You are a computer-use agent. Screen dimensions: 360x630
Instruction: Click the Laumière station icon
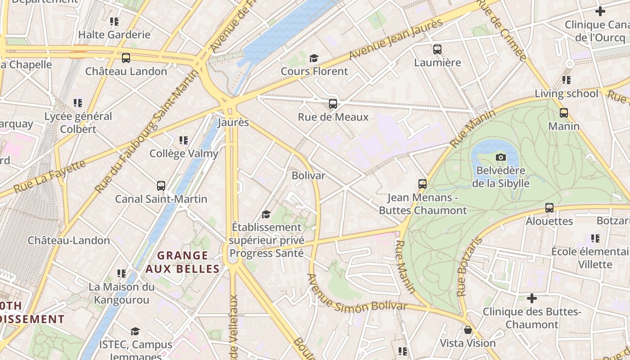437,49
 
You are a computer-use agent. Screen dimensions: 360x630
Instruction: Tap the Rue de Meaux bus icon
333,104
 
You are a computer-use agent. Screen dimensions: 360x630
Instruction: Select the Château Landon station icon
126,58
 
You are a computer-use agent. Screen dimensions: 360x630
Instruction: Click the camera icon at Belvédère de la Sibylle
500,157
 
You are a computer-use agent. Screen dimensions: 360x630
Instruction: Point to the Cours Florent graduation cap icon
314,58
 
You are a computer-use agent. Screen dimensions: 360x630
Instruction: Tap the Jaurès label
233,122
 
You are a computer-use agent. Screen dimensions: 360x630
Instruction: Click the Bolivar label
308,175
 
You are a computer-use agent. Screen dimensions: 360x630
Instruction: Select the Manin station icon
564,113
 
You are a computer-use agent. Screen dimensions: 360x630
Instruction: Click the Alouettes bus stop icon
549,208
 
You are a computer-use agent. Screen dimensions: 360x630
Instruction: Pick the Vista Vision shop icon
468,330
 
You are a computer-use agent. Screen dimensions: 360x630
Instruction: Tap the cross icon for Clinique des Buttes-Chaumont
532,298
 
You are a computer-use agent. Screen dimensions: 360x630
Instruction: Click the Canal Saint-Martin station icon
161,185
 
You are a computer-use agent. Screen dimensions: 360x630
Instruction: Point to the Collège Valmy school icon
183,140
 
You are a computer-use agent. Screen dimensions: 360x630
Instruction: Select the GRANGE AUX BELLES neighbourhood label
182,262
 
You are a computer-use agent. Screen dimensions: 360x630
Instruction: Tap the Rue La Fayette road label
49,176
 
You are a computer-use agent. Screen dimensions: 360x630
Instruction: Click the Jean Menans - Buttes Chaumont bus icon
423,184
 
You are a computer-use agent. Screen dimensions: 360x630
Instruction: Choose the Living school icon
567,80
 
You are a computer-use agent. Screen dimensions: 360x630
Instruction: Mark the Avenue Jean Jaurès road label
396,40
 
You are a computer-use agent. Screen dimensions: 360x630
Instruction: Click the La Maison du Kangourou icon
121,273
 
